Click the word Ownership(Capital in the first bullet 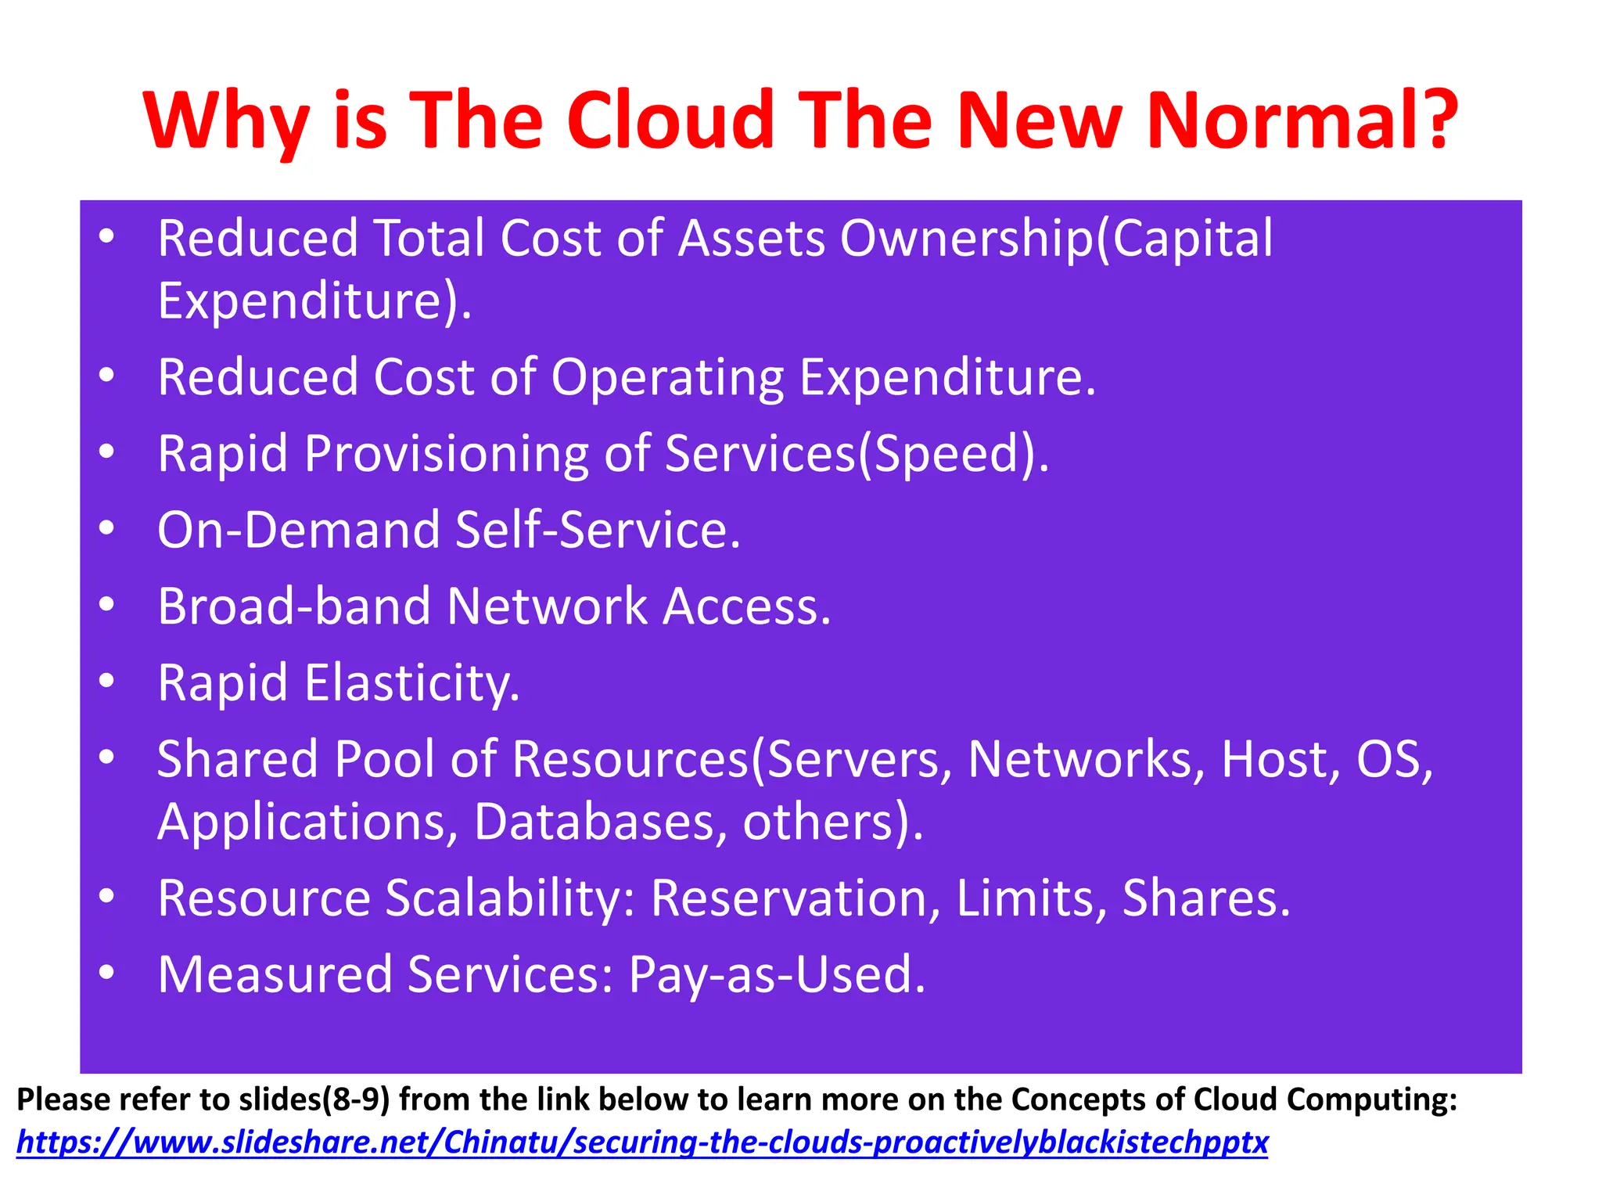(1056, 239)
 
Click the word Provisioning (446, 454)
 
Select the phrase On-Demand (299, 530)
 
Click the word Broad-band (294, 606)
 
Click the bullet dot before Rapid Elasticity (107, 680)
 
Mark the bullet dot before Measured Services (107, 972)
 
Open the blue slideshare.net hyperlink (641, 1143)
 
